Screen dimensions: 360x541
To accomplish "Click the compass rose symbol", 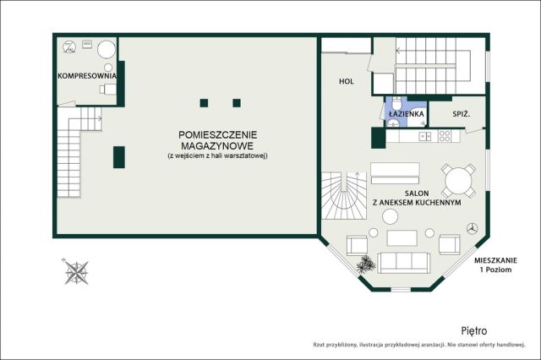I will click(x=77, y=271).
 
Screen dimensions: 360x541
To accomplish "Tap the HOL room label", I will click(x=346, y=82).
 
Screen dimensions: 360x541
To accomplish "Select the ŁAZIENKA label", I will click(x=406, y=113).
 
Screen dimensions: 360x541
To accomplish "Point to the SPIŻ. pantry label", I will click(x=462, y=113).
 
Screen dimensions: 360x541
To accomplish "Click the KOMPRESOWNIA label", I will click(x=86, y=76).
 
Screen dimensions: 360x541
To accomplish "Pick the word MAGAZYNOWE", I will click(x=217, y=146).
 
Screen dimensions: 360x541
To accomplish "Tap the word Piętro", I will click(x=475, y=331).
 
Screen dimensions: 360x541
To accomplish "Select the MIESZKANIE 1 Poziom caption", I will click(x=495, y=263).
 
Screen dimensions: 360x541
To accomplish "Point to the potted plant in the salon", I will click(x=365, y=265).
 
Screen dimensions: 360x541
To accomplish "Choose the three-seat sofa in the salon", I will click(x=402, y=262).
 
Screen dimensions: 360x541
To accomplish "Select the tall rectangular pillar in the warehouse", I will click(x=119, y=157).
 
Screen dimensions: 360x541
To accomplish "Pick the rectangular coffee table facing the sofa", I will click(x=402, y=237).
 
